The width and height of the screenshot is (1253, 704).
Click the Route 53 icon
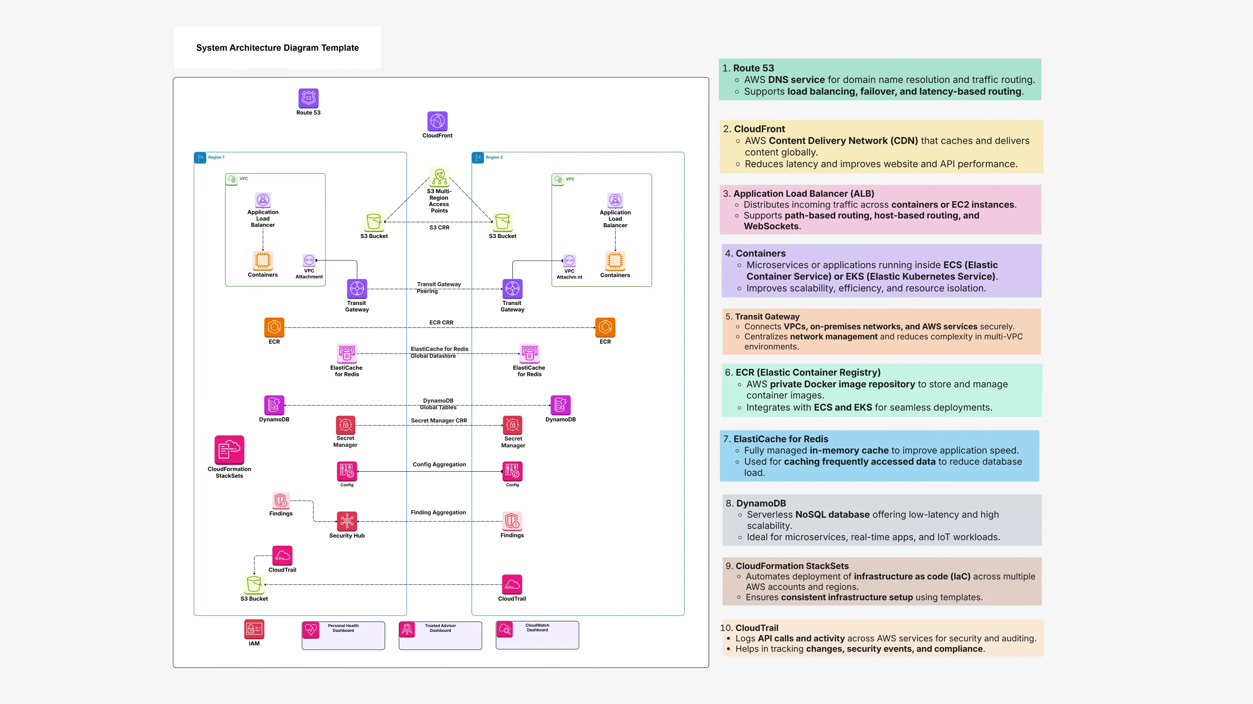pyautogui.click(x=308, y=98)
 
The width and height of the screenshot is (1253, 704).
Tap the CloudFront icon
pyautogui.click(x=437, y=121)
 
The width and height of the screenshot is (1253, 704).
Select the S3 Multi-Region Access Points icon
pyautogui.click(x=439, y=177)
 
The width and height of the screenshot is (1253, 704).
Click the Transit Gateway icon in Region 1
pyautogui.click(x=357, y=289)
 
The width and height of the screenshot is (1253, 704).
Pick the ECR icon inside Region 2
pyautogui.click(x=605, y=327)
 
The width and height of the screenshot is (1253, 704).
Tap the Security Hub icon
pyautogui.click(x=347, y=521)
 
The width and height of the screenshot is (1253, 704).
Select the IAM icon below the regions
pyautogui.click(x=254, y=629)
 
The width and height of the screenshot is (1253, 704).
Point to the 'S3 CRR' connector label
pyautogui.click(x=439, y=228)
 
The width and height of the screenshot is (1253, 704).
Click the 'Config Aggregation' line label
pyautogui.click(x=439, y=464)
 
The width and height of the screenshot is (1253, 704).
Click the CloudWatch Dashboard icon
pyautogui.click(x=504, y=629)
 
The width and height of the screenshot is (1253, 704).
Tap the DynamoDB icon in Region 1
pyautogui.click(x=274, y=405)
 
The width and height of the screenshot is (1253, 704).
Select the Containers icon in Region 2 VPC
pyautogui.click(x=615, y=261)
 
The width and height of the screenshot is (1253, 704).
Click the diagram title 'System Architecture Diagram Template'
pyautogui.click(x=277, y=48)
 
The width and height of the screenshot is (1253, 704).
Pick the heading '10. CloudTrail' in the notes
pyautogui.click(x=750, y=628)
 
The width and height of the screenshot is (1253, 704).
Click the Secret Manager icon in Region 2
pyautogui.click(x=512, y=425)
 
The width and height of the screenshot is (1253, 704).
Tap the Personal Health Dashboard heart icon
pyautogui.click(x=311, y=630)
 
